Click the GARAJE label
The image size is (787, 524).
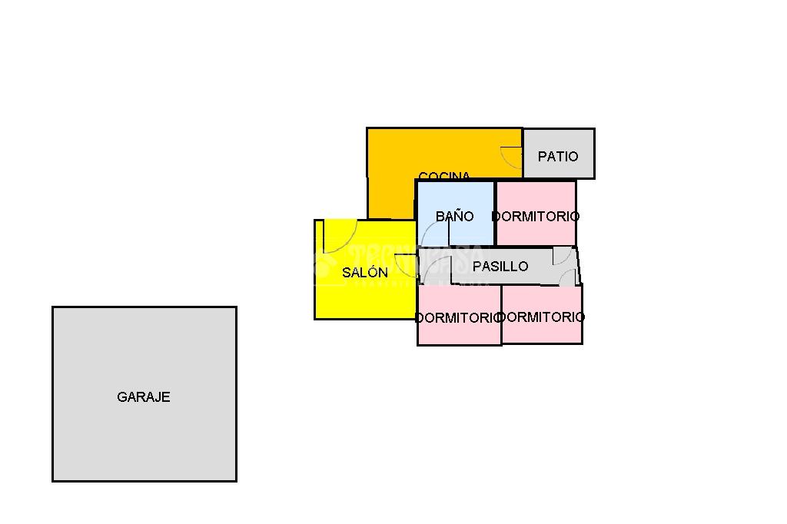[143, 397]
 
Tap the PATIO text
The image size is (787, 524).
[558, 157]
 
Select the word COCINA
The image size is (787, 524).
[444, 176]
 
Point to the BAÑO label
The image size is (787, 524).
[455, 217]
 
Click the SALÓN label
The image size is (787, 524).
[365, 273]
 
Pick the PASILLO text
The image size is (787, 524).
[500, 267]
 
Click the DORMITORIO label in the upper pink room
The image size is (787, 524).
[536, 217]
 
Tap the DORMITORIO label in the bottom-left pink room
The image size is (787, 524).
[458, 317]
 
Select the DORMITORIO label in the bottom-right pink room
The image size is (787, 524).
[542, 317]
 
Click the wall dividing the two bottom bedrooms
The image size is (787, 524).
[502, 315]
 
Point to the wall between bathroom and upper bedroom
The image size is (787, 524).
[495, 213]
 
